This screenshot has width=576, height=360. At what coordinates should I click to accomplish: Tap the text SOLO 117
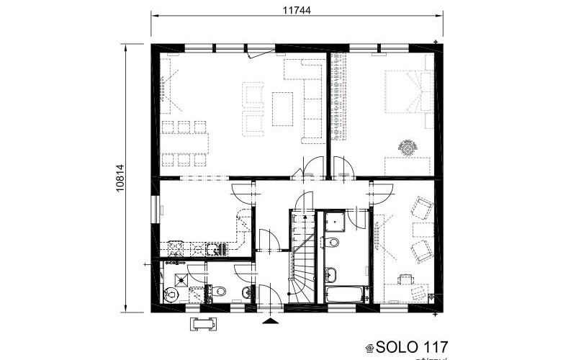click(413, 346)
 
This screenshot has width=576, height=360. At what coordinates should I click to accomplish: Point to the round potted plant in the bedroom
click(408, 148)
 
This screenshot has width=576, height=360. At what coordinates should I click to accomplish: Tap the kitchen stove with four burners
click(176, 249)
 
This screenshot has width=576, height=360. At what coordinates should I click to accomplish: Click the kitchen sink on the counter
click(214, 249)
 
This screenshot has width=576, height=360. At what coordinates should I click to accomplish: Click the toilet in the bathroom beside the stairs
click(334, 242)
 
